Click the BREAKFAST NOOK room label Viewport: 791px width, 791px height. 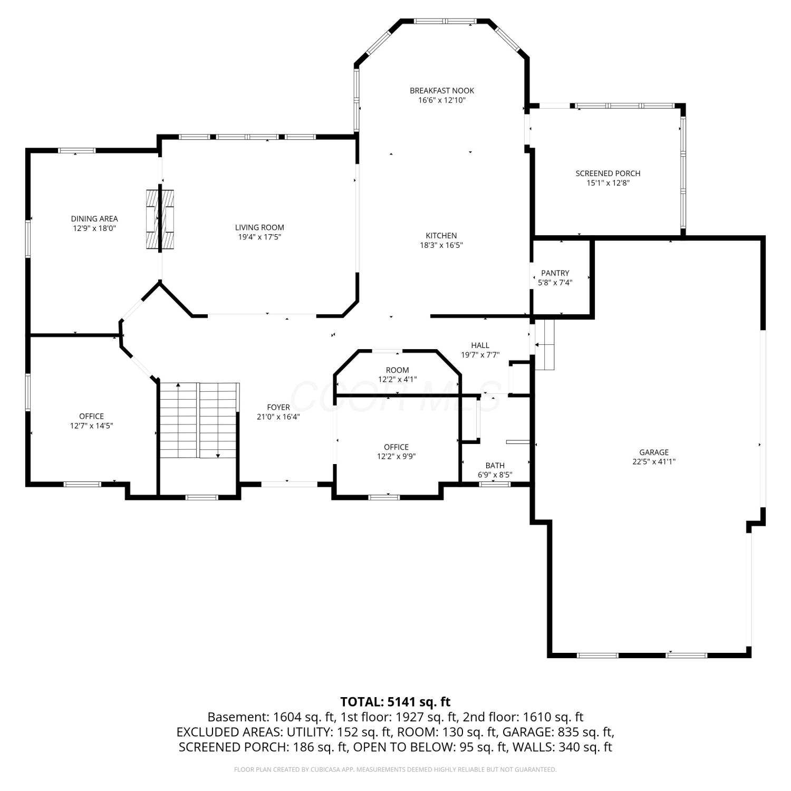pos(442,91)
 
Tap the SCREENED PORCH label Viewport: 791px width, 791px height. pos(608,173)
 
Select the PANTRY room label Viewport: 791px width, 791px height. pos(555,273)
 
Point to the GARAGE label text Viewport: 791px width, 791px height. pos(654,452)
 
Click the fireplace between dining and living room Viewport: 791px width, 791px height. pos(160,219)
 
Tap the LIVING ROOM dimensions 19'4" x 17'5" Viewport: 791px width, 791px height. pos(259,237)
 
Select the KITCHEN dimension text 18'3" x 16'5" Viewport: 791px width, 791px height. pos(441,245)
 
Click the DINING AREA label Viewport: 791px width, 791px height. pos(94,219)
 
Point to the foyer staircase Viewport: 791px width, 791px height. pos(199,420)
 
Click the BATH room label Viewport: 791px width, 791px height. pos(495,466)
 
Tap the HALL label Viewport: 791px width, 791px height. pos(480,345)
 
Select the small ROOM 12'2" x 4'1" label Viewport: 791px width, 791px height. pos(397,370)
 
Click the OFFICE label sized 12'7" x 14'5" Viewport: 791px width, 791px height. pos(92,417)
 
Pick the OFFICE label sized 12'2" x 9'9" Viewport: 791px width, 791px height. pos(396,447)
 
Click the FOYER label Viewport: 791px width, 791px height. pos(278,408)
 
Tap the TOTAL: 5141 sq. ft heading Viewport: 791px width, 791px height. pos(395,702)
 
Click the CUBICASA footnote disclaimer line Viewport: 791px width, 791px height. pos(395,770)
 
